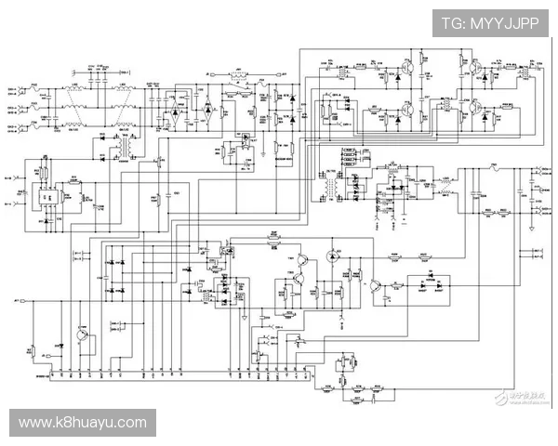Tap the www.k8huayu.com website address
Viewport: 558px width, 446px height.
tap(83, 423)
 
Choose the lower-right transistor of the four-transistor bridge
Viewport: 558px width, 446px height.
tap(473, 111)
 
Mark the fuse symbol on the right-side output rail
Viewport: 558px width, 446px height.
tap(494, 169)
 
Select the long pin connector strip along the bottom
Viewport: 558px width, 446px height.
tap(177, 377)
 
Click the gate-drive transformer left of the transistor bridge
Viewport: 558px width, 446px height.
tap(325, 111)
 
